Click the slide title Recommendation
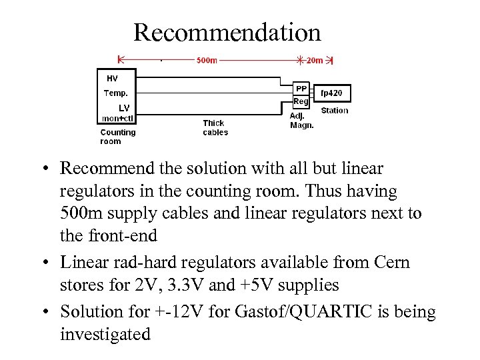coord(227,32)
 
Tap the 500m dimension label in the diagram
coord(207,60)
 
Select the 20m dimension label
coord(314,60)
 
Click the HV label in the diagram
coord(112,78)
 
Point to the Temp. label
coord(116,93)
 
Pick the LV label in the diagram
coord(124,107)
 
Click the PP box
coord(301,88)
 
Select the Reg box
coord(301,101)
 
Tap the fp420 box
coord(331,93)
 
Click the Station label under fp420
coord(334,111)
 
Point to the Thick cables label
coord(215,127)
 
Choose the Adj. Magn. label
coord(301,120)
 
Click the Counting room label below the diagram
coord(117,136)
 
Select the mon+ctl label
coord(117,118)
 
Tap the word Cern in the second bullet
coord(392,263)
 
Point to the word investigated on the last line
coord(105,334)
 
